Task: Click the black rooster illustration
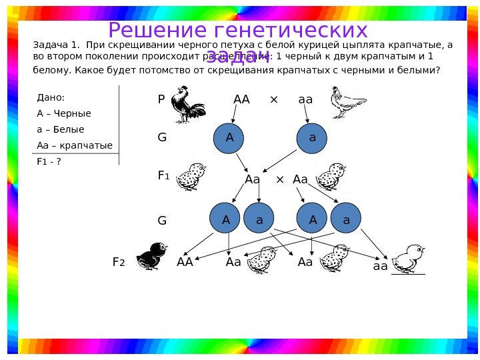tap(188, 106)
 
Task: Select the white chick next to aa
tap(407, 259)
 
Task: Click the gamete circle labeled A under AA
tap(230, 138)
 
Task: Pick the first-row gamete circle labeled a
tap(313, 138)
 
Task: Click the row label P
tap(161, 100)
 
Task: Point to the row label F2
tap(119, 263)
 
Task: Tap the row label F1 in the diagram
tap(163, 176)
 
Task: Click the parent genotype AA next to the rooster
tap(241, 100)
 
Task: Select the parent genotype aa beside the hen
tap(305, 100)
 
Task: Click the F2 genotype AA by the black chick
tap(185, 263)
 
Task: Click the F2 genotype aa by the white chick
tap(380, 266)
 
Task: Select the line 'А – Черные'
tap(64, 113)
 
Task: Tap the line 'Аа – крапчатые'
tap(75, 145)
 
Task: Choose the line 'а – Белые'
tap(61, 129)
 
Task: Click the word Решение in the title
tap(155, 31)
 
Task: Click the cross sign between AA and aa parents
tap(273, 100)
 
